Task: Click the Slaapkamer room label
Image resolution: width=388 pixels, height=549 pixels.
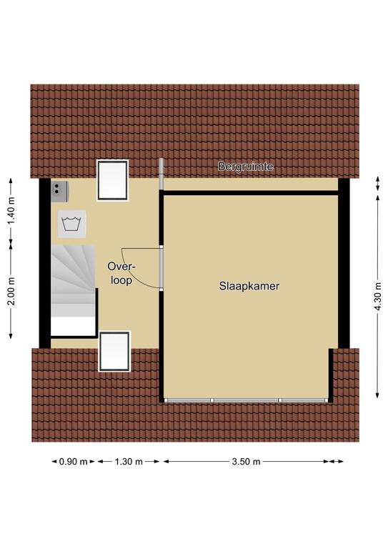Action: point(249,286)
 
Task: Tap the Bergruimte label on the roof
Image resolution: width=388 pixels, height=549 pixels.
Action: point(245,167)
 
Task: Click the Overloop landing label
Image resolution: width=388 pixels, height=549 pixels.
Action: point(121,273)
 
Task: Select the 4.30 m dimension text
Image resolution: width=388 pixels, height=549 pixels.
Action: point(378,296)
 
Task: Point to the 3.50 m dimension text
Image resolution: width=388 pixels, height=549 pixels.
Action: point(246,462)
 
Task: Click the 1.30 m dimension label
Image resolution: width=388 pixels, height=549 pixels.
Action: point(129,462)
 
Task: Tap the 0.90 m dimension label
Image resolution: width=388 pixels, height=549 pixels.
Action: point(73,462)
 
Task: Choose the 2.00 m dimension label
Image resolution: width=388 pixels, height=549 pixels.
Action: point(11,292)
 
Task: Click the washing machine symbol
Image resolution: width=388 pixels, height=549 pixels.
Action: point(71,224)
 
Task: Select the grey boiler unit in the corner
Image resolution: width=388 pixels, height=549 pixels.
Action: point(59,191)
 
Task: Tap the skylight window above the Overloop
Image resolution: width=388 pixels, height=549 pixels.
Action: point(112,180)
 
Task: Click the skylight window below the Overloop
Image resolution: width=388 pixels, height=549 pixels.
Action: point(114,351)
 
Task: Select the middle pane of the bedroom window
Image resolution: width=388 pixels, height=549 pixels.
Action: point(246,400)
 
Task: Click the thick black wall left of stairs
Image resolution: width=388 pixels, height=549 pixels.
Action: point(45,263)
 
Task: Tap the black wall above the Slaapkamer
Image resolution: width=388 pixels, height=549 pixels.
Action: point(251,193)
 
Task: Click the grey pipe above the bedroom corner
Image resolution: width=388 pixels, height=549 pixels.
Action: point(161,174)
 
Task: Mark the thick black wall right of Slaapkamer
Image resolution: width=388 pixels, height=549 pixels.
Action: point(344,263)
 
